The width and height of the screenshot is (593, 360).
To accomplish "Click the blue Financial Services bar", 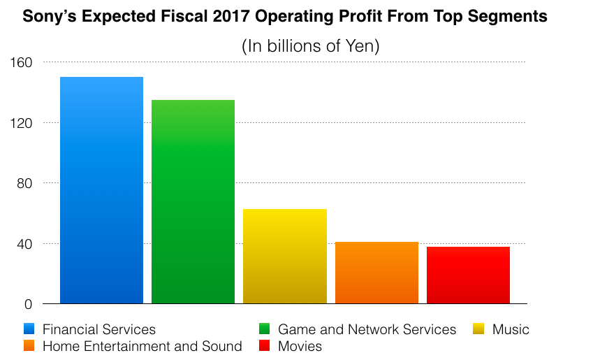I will tap(101, 190).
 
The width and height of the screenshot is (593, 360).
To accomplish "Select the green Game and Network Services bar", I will tap(193, 202).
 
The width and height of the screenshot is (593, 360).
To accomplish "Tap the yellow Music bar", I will tap(284, 257).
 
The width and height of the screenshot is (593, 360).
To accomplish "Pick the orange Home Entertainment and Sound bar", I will tap(376, 273).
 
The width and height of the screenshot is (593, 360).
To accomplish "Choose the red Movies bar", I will tap(468, 275).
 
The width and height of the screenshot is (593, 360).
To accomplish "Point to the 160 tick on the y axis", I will tap(22, 62).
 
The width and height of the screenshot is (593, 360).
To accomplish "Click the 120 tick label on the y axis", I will tap(22, 123).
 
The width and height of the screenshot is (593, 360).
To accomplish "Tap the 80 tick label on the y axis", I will tap(24, 183).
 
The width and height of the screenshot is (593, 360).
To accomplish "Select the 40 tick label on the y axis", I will tap(24, 244).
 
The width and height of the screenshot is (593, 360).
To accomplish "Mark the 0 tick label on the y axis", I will tap(29, 304).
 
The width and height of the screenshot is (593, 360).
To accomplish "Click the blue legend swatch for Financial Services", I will tap(29, 329).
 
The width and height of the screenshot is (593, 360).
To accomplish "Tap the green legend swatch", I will tap(265, 329).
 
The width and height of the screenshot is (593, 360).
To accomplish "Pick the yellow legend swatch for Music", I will tap(478, 329).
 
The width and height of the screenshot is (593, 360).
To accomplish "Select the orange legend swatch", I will tap(29, 346).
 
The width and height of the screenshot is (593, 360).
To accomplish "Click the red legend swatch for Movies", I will tap(265, 346).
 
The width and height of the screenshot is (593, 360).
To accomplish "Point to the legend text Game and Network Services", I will tap(367, 329).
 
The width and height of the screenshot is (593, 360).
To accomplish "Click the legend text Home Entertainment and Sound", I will tap(142, 346).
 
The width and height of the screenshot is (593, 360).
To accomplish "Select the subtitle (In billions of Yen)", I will tap(310, 47).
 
